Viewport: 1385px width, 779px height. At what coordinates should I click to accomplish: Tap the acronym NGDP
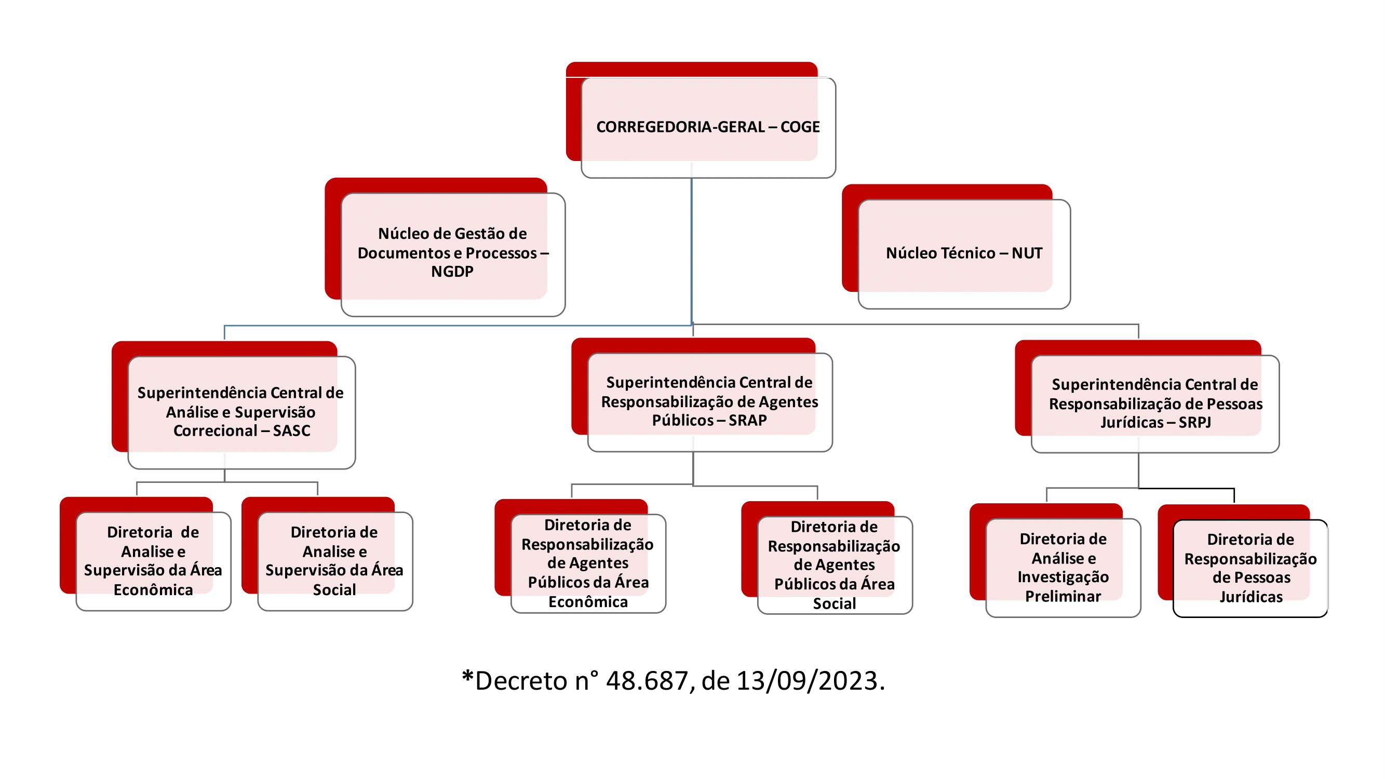click(x=452, y=272)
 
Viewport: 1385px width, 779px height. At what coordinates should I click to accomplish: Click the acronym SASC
click(x=291, y=431)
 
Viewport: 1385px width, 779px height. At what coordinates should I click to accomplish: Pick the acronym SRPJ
click(x=1194, y=422)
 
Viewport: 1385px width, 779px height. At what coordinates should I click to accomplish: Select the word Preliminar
click(x=1063, y=597)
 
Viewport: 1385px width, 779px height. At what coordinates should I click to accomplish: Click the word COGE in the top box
click(x=800, y=127)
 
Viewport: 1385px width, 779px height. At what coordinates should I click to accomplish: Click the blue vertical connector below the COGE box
click(x=691, y=251)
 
